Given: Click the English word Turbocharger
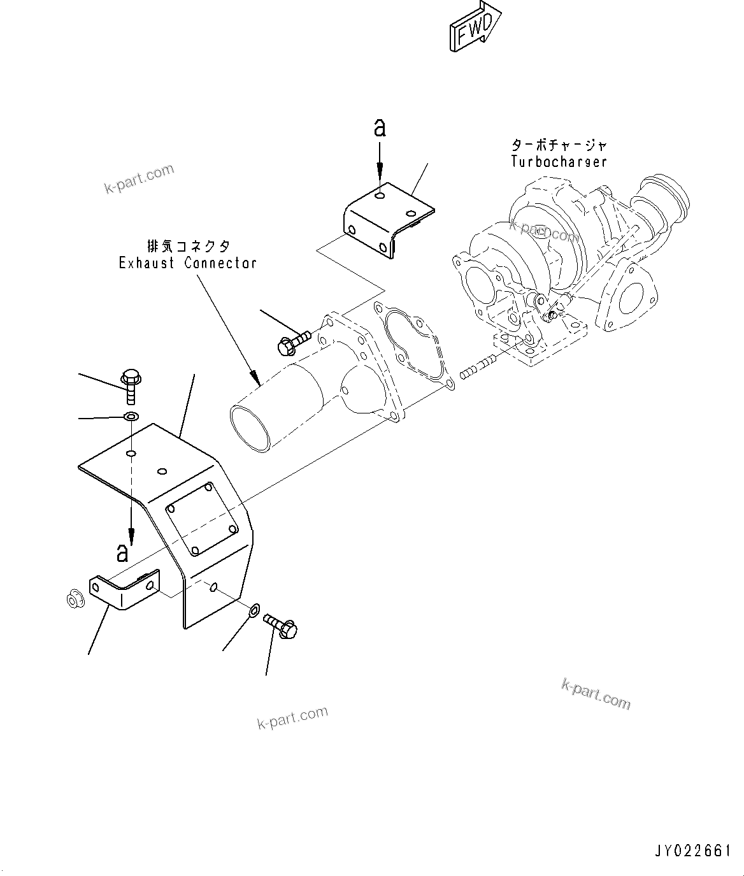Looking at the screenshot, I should [559, 162].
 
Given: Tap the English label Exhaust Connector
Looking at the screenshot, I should [188, 262].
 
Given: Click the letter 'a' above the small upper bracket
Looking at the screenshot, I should [380, 129].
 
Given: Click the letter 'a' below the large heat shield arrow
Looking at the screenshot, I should [123, 552].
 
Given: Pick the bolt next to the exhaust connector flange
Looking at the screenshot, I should [292, 343].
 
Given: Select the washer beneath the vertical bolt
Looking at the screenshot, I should [131, 417].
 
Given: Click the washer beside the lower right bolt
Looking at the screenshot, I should [253, 610].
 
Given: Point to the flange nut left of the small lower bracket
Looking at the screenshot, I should [73, 600].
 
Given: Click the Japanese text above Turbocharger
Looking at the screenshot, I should [559, 145].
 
